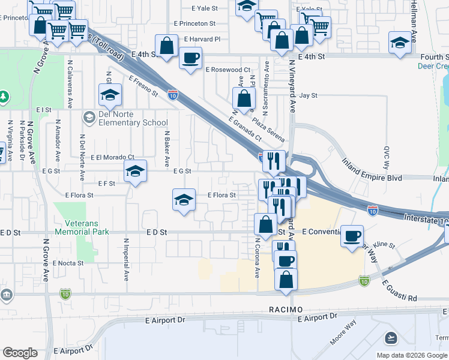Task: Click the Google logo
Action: click(20, 353)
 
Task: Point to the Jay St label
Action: click(308, 95)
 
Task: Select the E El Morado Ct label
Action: click(113, 157)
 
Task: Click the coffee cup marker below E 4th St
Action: click(191, 58)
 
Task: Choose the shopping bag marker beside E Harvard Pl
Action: click(166, 44)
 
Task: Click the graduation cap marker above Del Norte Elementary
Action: click(110, 94)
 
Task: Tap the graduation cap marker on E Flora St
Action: click(184, 200)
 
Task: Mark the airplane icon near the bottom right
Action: click(391, 337)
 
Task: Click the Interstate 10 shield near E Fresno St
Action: click(172, 94)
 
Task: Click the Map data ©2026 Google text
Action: click(411, 355)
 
